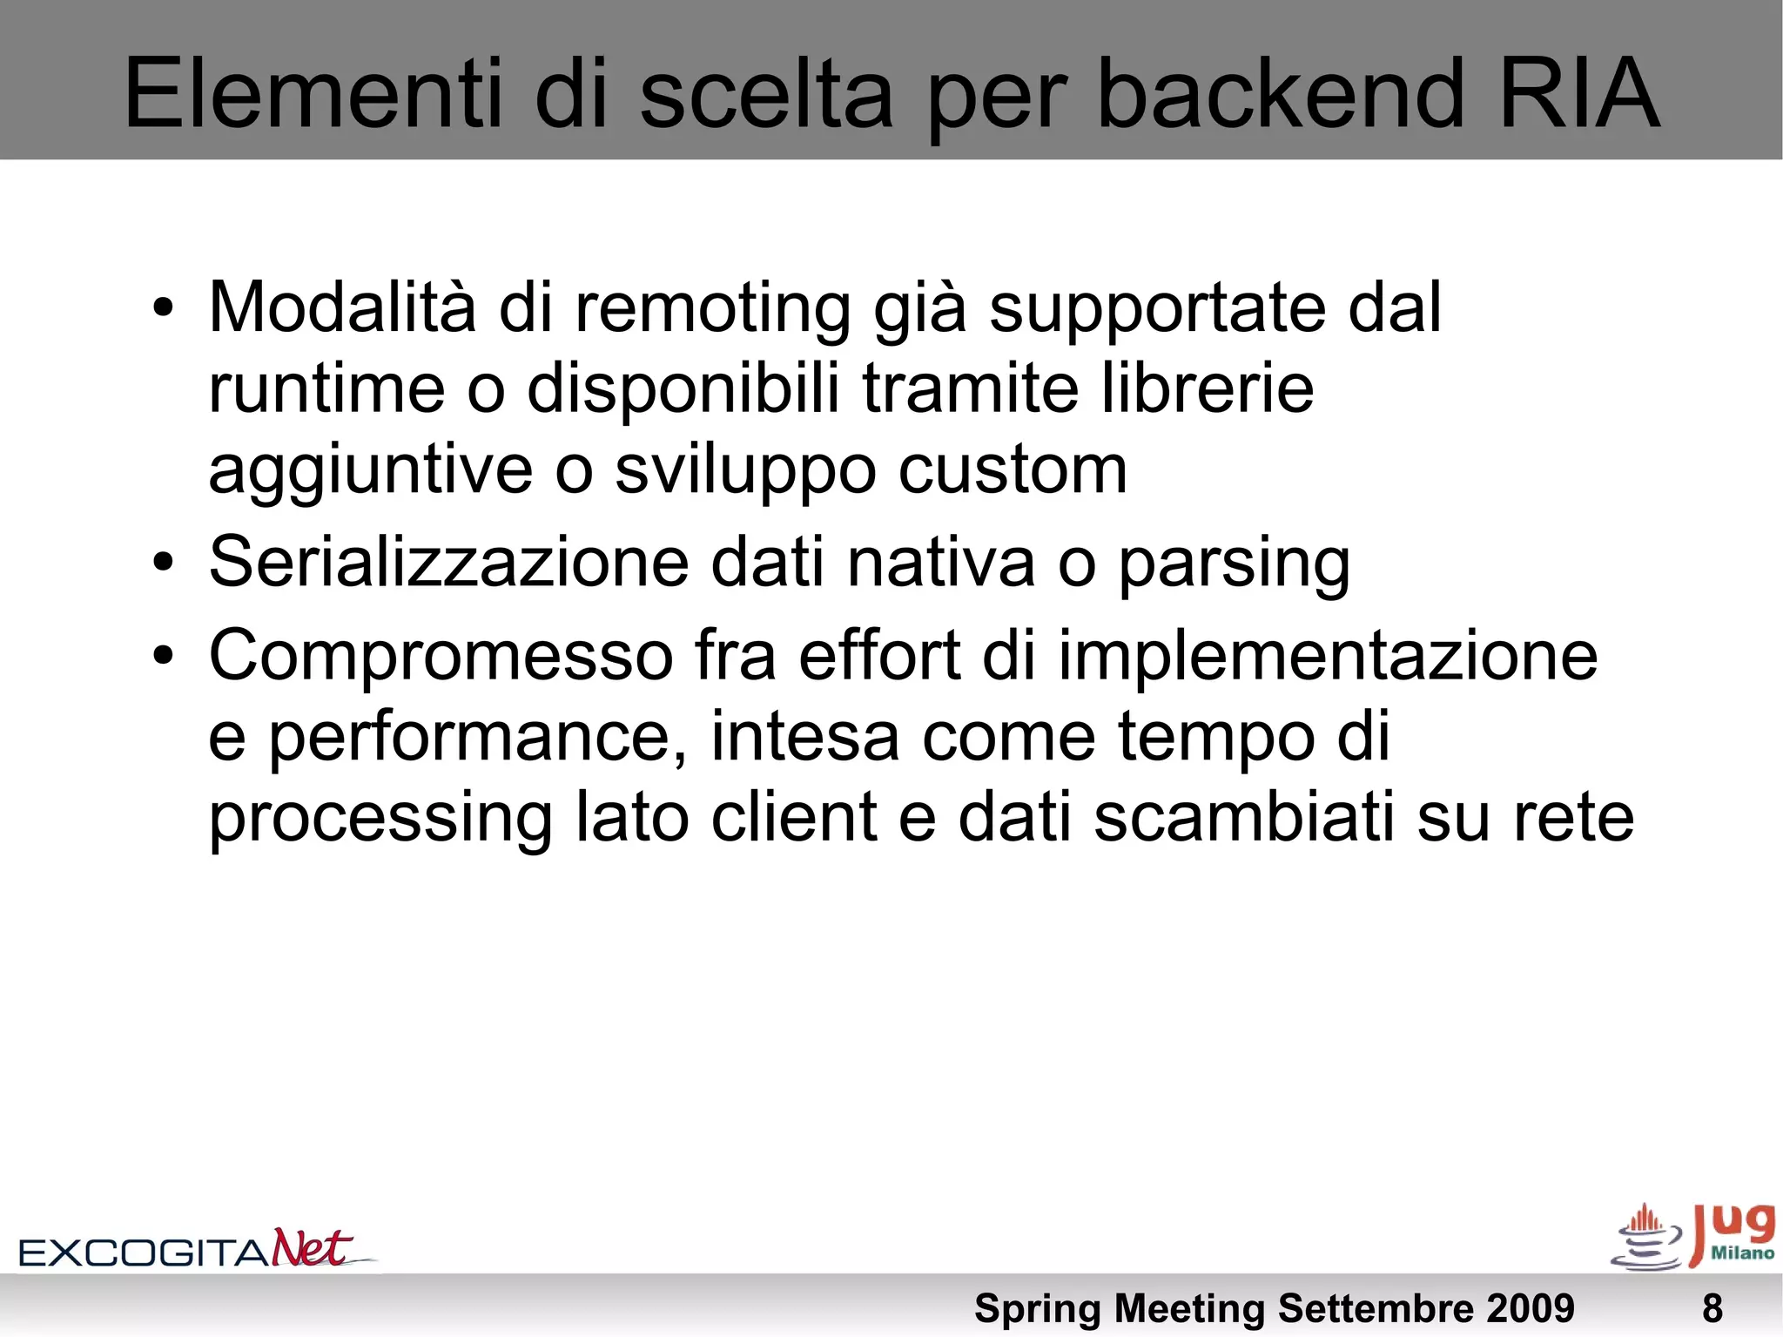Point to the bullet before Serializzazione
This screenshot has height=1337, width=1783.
point(163,563)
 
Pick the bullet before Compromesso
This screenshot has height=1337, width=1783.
point(163,656)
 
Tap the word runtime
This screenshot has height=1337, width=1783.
point(326,388)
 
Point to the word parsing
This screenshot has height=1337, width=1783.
point(1234,564)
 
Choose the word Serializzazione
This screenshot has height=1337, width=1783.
point(448,563)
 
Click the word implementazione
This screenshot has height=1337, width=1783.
point(1328,656)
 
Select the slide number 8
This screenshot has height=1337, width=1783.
point(1712,1308)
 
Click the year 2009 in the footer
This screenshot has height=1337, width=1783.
point(1530,1308)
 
